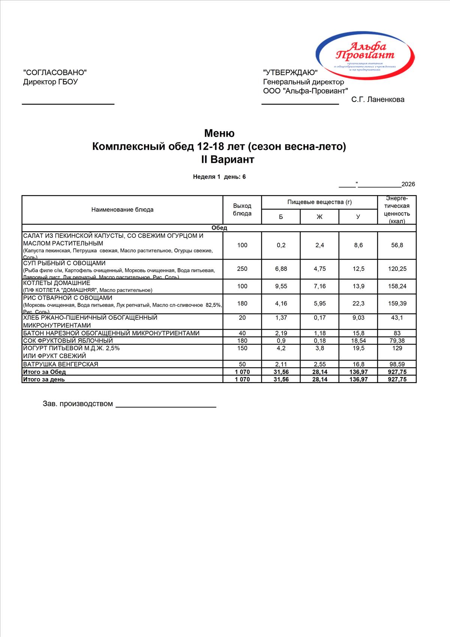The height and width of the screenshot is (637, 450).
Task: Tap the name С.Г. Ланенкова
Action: [x=378, y=99]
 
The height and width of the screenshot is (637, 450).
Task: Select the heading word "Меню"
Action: [x=219, y=133]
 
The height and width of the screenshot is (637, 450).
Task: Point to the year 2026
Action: [x=408, y=184]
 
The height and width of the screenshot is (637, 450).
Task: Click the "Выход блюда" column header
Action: [x=242, y=210]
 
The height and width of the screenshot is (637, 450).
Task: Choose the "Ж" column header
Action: [x=319, y=217]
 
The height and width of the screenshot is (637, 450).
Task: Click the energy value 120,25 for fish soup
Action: [x=397, y=269]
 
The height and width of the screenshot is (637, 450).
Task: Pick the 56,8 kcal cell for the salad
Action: [x=397, y=245]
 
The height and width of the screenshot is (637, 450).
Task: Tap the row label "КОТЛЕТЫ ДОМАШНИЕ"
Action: [x=57, y=283]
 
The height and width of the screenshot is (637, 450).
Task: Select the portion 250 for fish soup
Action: [x=242, y=269]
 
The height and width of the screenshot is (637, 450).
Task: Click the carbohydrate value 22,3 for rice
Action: [x=358, y=303]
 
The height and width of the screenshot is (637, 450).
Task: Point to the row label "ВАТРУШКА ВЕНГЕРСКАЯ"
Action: [x=61, y=364]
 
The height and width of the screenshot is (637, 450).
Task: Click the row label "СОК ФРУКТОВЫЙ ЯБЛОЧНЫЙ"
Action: [x=68, y=341]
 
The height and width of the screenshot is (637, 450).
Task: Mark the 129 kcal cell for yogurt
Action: [x=397, y=348]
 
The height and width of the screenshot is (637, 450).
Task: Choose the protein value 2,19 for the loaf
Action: [x=281, y=333]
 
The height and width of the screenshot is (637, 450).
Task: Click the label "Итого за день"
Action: [x=44, y=379]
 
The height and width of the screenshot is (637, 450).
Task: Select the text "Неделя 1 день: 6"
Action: [x=219, y=177]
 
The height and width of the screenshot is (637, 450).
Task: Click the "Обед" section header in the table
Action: [x=219, y=228]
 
